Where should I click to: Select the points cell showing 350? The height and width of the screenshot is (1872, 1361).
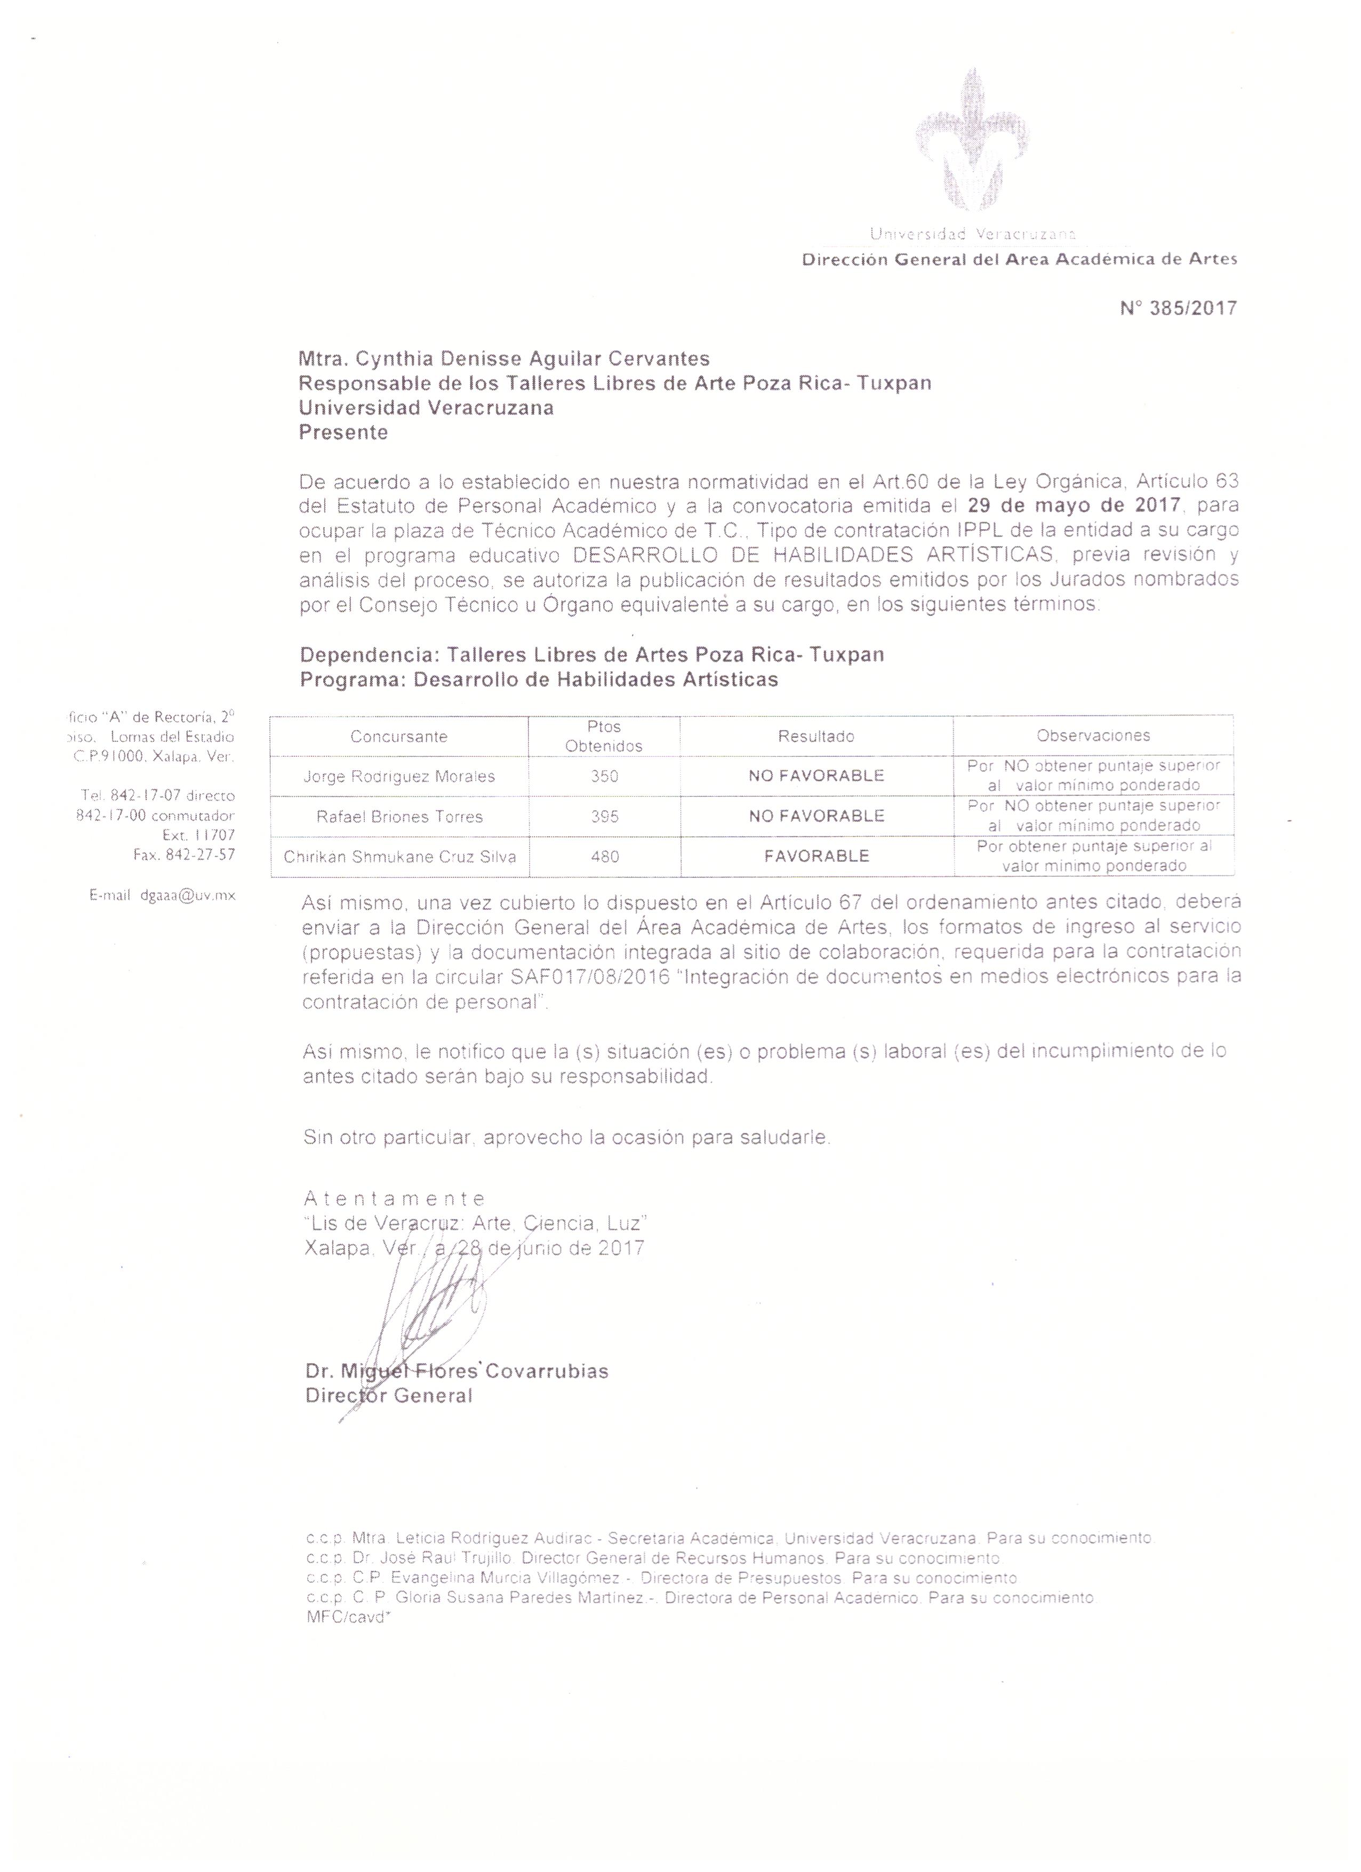pyautogui.click(x=604, y=776)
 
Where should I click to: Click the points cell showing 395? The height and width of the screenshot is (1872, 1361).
pyautogui.click(x=604, y=817)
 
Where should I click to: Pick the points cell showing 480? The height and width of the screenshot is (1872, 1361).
pyautogui.click(x=604, y=857)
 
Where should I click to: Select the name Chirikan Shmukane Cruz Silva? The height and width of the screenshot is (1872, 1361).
pyautogui.click(x=399, y=857)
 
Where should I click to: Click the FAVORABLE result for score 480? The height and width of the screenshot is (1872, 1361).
pyautogui.click(x=816, y=856)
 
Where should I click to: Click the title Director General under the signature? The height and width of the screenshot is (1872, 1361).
pyautogui.click(x=389, y=1397)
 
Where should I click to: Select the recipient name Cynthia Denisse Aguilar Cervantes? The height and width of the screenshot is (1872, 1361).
pyautogui.click(x=532, y=358)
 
